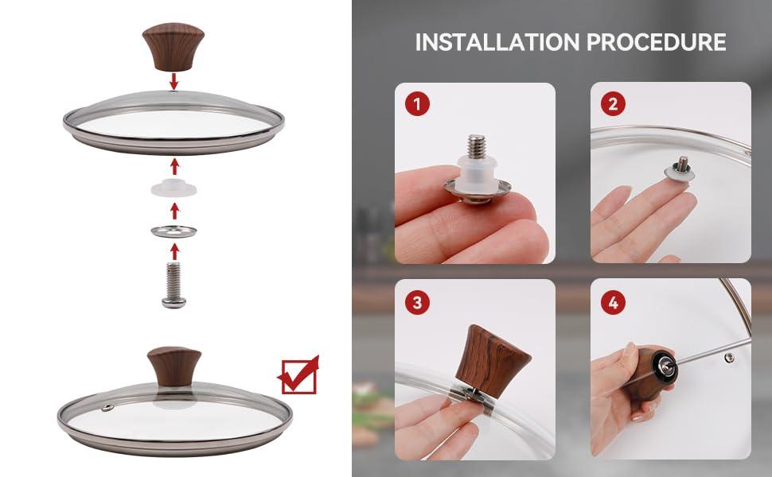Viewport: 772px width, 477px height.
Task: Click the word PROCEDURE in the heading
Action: click(657, 42)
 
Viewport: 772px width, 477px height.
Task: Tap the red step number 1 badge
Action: click(418, 104)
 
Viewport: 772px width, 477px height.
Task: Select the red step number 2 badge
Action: click(613, 104)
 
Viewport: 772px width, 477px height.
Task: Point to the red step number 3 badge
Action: click(418, 302)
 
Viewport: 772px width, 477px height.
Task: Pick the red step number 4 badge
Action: click(613, 302)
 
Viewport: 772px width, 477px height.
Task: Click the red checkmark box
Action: click(299, 376)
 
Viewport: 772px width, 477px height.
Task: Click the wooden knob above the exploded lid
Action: click(174, 47)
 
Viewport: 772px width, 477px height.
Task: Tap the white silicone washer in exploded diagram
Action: click(174, 188)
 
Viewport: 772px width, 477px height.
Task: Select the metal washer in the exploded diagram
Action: click(174, 231)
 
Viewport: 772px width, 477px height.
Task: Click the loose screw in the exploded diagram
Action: click(174, 285)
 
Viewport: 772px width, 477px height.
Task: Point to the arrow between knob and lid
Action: click(174, 81)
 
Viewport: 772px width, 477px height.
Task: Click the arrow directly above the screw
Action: click(174, 252)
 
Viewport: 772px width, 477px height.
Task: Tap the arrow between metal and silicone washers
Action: click(174, 211)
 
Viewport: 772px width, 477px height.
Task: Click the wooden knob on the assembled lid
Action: click(174, 366)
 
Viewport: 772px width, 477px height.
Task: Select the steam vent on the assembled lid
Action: click(107, 407)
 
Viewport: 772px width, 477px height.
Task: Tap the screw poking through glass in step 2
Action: click(681, 164)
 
